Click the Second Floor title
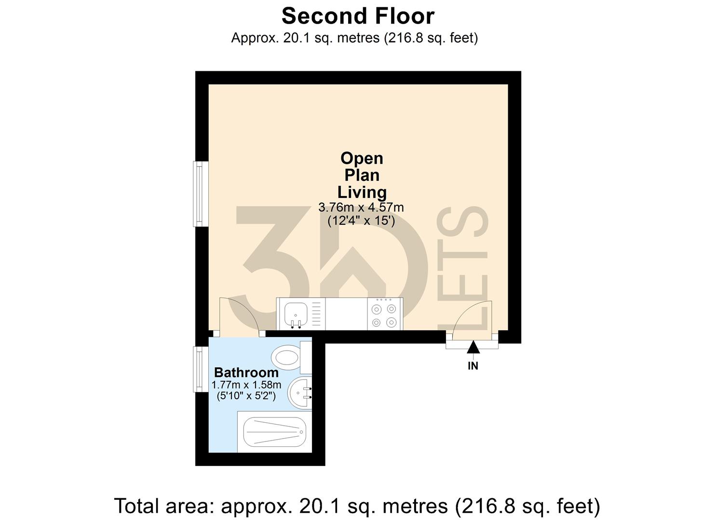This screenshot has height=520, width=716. [x=358, y=16]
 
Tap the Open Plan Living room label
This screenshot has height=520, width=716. [x=362, y=175]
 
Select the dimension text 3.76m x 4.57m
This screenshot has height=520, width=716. [x=361, y=208]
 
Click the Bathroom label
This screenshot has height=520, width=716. [x=246, y=372]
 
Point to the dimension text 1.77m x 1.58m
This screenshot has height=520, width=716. [x=246, y=385]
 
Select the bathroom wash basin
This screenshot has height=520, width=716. [x=299, y=392]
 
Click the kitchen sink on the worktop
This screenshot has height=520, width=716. [x=295, y=315]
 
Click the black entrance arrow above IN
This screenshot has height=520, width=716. [x=473, y=347]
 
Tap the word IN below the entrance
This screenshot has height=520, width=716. [x=473, y=366]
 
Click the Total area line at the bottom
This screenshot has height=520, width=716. [x=357, y=506]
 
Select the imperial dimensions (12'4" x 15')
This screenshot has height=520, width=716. [x=361, y=221]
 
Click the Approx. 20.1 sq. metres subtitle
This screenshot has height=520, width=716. [x=354, y=38]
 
